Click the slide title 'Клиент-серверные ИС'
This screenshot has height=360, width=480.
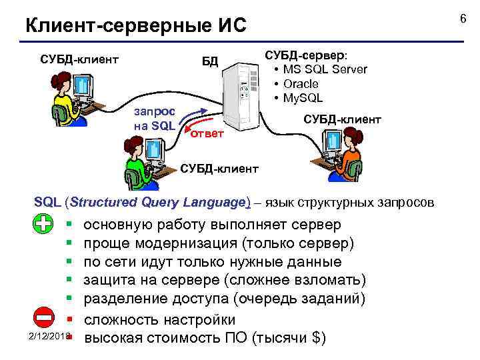point(135,26)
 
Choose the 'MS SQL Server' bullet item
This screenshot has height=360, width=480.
point(325,69)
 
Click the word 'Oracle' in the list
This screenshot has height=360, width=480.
point(301,84)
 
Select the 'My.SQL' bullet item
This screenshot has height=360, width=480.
point(303,98)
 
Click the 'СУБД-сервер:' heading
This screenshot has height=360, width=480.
point(310,55)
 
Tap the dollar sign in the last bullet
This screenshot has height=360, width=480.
point(315,337)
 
